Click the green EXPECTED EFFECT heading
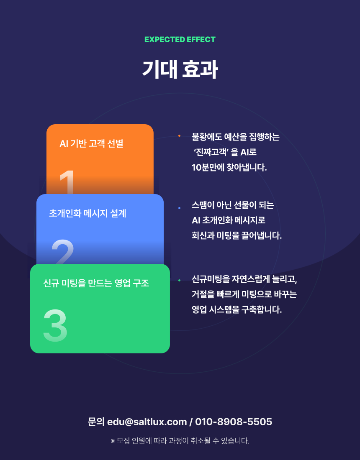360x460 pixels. tap(180, 39)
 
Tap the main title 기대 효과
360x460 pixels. tap(180, 69)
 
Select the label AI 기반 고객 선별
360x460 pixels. tap(91, 143)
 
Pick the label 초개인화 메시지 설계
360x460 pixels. tap(87, 213)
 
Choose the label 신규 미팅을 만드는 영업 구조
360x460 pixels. tap(96, 283)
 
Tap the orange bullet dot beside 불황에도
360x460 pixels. tap(180, 135)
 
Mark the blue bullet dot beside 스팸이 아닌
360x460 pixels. tap(180, 208)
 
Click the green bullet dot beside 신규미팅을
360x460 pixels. tap(180, 281)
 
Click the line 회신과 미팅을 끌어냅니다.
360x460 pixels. tap(237, 235)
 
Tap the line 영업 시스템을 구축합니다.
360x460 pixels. tap(237, 309)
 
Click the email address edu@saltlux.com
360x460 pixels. tap(147, 422)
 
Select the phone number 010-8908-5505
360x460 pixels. tap(234, 422)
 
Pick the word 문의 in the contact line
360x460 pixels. tap(96, 422)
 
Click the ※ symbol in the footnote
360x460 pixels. tap(113, 441)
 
